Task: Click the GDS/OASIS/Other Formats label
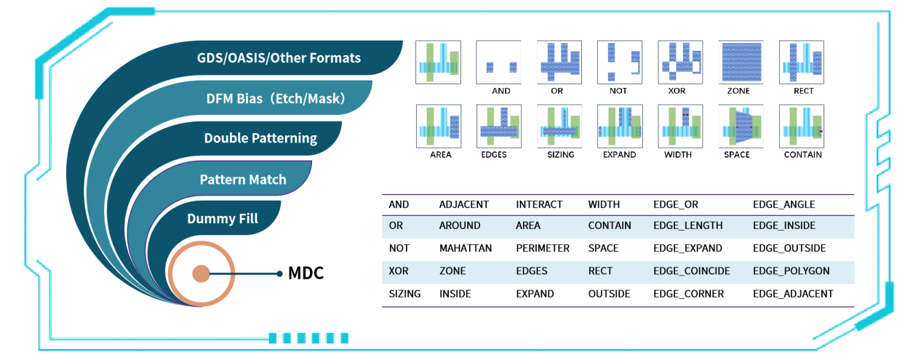click(279, 58)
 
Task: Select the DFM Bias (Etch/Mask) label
click(275, 98)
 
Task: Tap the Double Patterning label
click(260, 138)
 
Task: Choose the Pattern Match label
click(243, 180)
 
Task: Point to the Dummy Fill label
click(223, 219)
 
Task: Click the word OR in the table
click(396, 225)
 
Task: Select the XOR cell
click(399, 271)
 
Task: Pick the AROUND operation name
click(459, 225)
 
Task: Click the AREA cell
click(528, 225)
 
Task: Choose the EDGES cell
click(532, 271)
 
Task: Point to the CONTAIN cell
click(610, 225)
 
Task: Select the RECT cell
click(601, 271)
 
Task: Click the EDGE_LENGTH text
click(688, 225)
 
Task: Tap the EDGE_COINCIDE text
click(692, 271)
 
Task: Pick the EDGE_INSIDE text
click(784, 225)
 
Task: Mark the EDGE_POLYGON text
click(791, 271)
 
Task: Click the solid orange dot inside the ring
click(201, 274)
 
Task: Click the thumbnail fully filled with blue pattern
click(741, 63)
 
